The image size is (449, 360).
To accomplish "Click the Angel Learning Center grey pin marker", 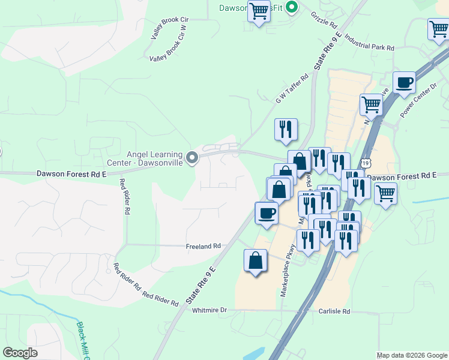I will [192, 158].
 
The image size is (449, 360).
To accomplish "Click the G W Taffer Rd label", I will [292, 88].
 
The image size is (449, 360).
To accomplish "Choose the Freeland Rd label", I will [203, 246].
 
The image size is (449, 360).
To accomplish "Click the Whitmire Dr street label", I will [210, 310].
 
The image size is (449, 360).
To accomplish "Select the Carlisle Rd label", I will [334, 311].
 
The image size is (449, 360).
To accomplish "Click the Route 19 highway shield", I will [366, 163].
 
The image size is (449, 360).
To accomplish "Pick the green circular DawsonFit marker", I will [292, 8].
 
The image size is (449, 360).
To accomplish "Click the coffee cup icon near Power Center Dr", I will [404, 82].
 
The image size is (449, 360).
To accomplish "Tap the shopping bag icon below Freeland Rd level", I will [255, 260].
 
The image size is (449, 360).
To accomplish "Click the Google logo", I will [20, 353].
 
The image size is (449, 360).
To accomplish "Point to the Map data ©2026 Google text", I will [411, 355].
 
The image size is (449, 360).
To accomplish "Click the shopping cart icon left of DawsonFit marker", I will [259, 11].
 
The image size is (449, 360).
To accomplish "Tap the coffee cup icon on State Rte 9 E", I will [267, 212].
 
